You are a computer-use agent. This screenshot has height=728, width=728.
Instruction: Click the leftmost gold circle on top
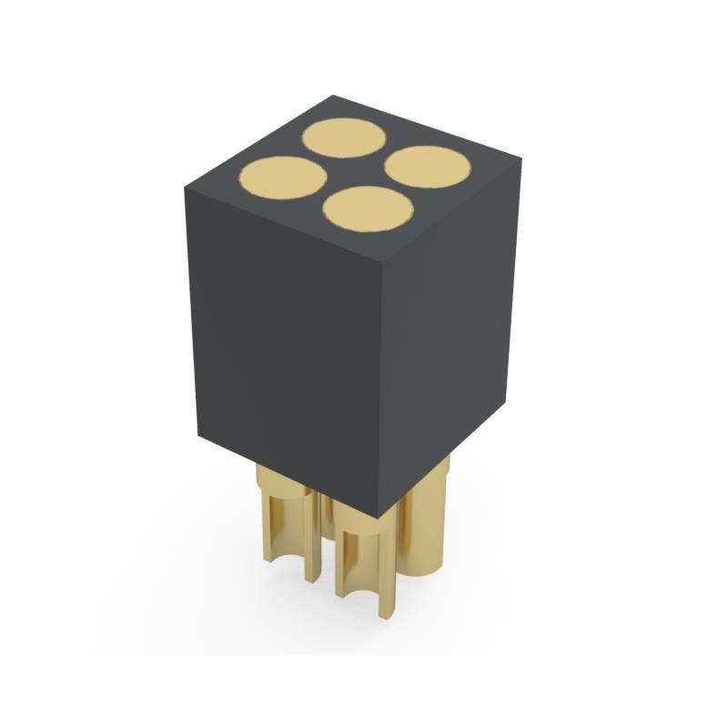pos(282,177)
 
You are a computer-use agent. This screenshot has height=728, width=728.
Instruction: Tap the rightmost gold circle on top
pos(429,167)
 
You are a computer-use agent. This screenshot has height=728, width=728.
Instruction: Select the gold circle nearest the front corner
pos(366,209)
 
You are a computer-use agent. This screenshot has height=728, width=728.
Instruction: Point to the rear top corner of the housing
pos(332,95)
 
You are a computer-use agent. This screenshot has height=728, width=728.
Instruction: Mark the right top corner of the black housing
pos(521,161)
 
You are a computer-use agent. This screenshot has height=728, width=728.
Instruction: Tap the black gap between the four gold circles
pos(356,174)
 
